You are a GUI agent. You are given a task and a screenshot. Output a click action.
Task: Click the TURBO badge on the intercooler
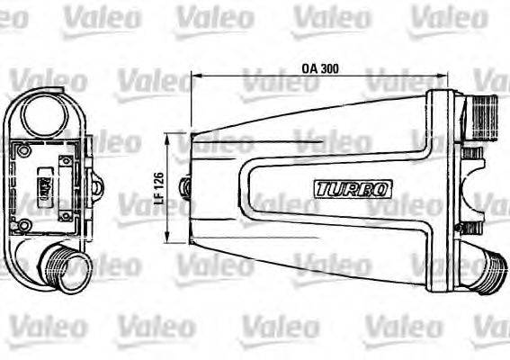[x=353, y=189]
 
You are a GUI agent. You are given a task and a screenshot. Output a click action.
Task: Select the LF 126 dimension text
[x=158, y=186]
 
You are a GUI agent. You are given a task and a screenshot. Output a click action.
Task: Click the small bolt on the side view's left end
[x=185, y=187]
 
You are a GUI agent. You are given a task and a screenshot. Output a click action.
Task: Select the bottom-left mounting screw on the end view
[x=25, y=225]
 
